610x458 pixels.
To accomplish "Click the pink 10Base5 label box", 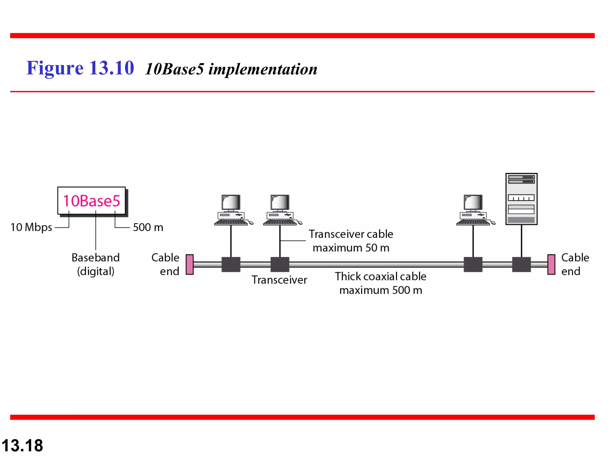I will (x=91, y=201).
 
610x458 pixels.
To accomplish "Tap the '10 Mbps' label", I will (x=31, y=227).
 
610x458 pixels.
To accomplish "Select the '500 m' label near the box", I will (x=148, y=228).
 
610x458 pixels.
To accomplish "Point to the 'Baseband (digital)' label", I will (x=96, y=264).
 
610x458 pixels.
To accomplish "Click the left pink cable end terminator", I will (x=190, y=264).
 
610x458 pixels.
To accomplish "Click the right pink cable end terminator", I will (x=551, y=264).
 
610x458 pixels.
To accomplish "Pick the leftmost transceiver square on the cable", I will (x=231, y=264).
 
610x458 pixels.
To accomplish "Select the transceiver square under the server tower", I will (x=521, y=264).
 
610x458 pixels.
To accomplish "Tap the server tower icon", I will (x=521, y=199).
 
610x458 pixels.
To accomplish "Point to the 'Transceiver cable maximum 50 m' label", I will (x=351, y=241).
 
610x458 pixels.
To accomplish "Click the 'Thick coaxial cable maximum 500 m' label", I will (x=381, y=283).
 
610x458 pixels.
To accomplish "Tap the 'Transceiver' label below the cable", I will (x=279, y=280).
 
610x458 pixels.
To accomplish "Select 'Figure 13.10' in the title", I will (x=80, y=68).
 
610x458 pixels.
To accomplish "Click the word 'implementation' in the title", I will (x=263, y=69).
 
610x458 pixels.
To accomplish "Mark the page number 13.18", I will (x=22, y=445).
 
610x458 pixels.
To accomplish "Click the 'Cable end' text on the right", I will (x=575, y=264).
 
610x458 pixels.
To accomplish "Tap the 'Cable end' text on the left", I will (x=166, y=264).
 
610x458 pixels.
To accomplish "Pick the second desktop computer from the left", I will (x=281, y=210).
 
